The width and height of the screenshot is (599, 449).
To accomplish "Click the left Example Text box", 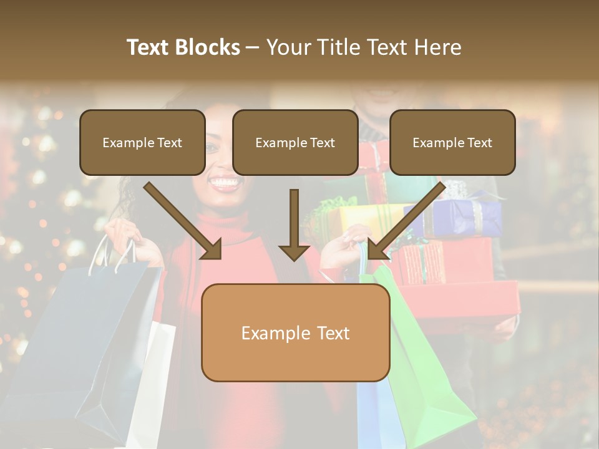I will coord(142,142).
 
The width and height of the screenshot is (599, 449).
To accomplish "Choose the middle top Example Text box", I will coord(295,142).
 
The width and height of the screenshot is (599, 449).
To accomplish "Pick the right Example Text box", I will coord(452,142).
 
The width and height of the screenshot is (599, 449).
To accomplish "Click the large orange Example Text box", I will coord(295,333).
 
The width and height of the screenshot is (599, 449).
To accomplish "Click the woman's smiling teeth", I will coord(225,183).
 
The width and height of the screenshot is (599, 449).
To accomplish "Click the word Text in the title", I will coord(150,47).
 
